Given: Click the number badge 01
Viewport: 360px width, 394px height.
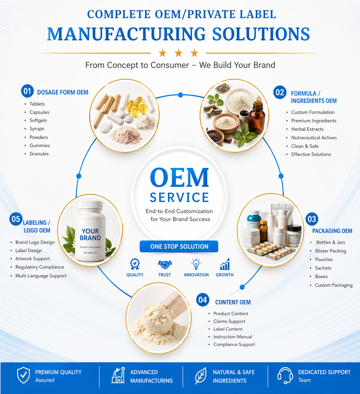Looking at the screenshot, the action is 27,91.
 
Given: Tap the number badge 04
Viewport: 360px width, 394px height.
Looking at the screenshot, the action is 203,300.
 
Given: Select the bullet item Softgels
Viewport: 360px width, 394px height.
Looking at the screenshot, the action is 38,121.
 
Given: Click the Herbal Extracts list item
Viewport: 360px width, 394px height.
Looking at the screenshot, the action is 307,129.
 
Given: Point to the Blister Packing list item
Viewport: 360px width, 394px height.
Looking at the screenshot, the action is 330,251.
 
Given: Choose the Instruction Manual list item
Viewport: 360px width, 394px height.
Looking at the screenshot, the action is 232,337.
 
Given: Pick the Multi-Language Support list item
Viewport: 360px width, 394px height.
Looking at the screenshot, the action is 41,276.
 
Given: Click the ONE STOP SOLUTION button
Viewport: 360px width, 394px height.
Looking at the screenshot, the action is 179,247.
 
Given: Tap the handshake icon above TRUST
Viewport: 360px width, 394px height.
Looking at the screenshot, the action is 165,264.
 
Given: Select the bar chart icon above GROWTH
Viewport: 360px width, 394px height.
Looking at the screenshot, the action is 225,264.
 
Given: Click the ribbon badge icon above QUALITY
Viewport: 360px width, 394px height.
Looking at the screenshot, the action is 135,264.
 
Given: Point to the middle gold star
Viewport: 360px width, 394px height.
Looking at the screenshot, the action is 179,53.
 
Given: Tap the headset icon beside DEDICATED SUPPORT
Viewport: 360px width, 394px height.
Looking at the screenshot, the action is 285,375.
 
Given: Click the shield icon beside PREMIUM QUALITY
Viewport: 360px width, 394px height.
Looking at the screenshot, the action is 23,375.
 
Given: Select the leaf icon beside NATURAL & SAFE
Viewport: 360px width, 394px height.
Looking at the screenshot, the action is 201,376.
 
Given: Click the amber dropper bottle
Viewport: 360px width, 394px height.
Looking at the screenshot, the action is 257,119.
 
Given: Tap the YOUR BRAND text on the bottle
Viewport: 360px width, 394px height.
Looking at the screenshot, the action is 90,234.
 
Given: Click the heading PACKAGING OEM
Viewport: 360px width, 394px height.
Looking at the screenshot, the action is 332,231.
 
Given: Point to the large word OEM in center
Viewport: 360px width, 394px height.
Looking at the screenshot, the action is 179,178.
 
